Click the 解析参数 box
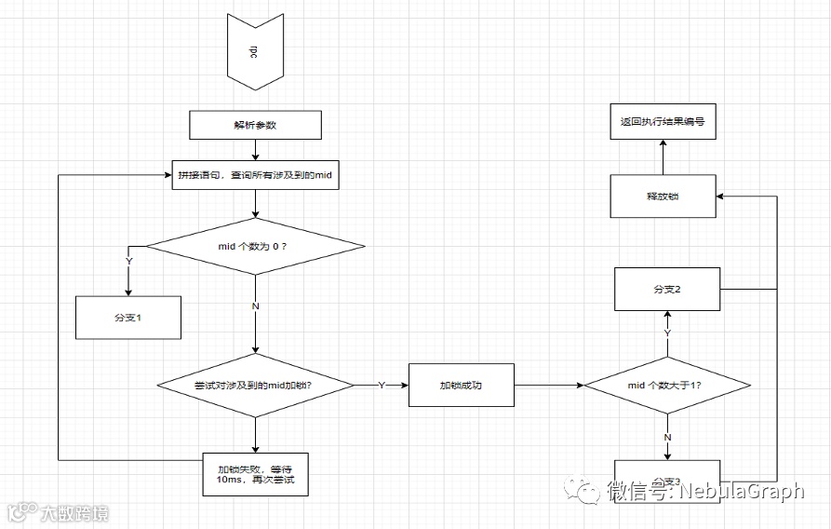(255, 125)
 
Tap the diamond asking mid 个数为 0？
(255, 246)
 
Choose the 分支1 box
(127, 318)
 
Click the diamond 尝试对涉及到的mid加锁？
(255, 385)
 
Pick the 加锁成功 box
(461, 385)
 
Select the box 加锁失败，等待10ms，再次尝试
(255, 472)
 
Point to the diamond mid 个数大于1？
(666, 385)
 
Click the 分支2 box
(666, 290)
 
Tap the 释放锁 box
(663, 197)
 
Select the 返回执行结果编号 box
(663, 122)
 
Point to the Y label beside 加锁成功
(381, 385)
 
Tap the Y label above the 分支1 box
(128, 262)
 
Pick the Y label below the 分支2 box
(666, 332)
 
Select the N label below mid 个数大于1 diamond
(667, 437)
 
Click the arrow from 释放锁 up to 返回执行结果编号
(663, 157)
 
